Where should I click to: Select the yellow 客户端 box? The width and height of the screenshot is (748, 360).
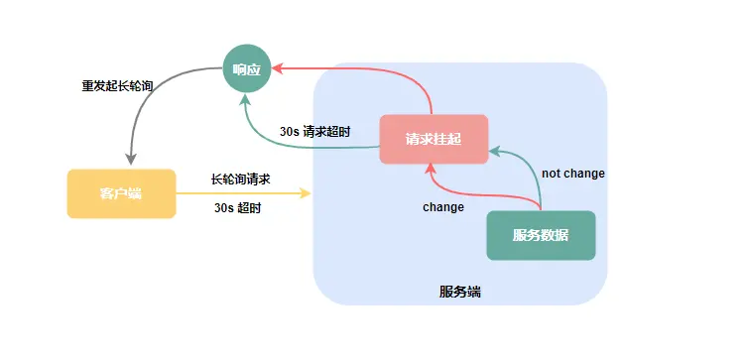tap(121, 193)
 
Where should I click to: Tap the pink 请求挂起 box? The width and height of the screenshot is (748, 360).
tap(434, 139)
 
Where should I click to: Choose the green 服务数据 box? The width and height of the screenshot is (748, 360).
tap(541, 235)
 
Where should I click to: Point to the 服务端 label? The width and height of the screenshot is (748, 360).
tap(460, 293)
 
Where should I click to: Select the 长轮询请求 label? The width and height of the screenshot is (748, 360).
tap(240, 180)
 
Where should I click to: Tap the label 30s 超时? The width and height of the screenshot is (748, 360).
tap(238, 208)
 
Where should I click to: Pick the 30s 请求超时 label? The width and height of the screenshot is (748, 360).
tap(314, 131)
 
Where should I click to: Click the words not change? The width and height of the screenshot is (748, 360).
tap(572, 174)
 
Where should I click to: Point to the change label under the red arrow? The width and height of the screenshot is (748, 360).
tap(443, 207)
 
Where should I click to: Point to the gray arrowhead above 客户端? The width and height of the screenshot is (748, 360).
tap(129, 161)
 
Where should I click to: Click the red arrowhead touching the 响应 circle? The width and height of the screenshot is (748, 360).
tap(278, 68)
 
